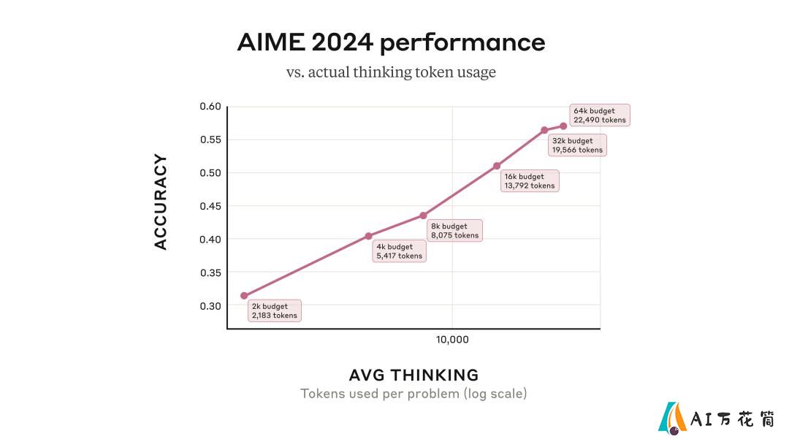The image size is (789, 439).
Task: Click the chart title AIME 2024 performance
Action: tap(391, 42)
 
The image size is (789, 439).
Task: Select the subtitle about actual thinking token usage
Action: tap(391, 72)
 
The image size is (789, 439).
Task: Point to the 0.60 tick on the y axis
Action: tap(210, 106)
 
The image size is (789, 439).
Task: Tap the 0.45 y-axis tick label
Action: tap(210, 206)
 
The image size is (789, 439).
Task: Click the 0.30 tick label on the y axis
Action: tap(210, 306)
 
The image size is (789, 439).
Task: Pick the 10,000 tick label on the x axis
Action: tap(452, 340)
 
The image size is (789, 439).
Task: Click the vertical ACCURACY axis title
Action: tap(161, 202)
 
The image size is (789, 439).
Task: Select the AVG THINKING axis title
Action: tap(413, 375)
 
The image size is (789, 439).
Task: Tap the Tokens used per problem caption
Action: tap(413, 393)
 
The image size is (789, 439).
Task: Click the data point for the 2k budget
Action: tap(244, 296)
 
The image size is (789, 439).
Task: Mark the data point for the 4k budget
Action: tap(369, 236)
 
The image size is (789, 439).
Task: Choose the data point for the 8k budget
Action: tap(423, 215)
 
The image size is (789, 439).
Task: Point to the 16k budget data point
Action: tap(497, 166)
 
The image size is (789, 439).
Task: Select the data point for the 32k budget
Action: tap(544, 130)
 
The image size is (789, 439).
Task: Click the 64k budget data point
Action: tap(563, 126)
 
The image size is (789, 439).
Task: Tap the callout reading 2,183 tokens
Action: tap(275, 310)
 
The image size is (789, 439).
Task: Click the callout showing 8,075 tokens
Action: tap(455, 231)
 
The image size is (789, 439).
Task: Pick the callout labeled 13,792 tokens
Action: tap(530, 181)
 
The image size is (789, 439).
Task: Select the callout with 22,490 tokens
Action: tap(600, 115)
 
